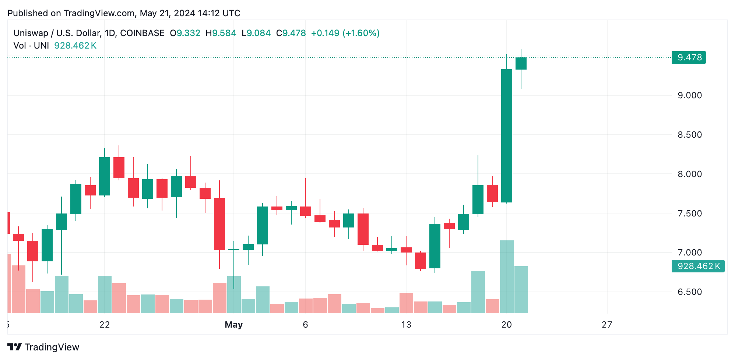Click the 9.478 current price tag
coord(689,57)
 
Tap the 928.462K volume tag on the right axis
coord(698,266)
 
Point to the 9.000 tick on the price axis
coord(689,95)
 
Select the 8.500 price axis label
coord(689,135)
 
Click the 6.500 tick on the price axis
coord(689,292)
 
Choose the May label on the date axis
coord(233,325)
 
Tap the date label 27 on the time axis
coord(607,325)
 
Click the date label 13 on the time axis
coord(406,325)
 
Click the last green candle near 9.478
coord(521,63)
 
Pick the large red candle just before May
coord(219,224)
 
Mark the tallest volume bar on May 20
coord(507,276)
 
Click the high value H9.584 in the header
coord(221,33)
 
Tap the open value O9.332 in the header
coord(185,33)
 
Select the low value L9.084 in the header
coord(256,33)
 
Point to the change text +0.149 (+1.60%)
coord(345,33)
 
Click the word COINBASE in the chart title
coord(142,33)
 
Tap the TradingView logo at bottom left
coord(43,347)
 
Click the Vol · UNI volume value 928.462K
coord(75,46)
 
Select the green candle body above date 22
coord(105,176)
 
